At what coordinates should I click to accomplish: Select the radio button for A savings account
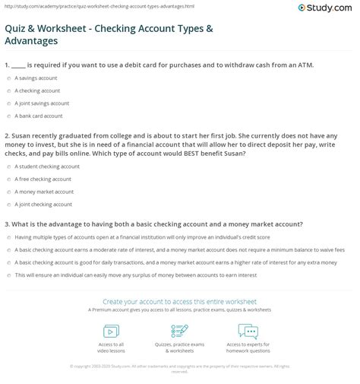coord(8,78)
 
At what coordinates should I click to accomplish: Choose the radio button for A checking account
coord(8,90)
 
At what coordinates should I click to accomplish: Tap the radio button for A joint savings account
coord(8,103)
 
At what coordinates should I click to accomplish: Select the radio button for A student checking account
coord(8,167)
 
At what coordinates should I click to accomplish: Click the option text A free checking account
coord(43,179)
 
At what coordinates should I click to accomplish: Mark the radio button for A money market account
coord(8,192)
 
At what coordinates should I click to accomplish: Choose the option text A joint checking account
coord(43,204)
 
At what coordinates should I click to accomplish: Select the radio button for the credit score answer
coord(8,236)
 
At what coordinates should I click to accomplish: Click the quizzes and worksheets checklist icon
coord(179,332)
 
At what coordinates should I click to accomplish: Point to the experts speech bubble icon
coord(248,332)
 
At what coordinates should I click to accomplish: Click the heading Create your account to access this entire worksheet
coord(179,302)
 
